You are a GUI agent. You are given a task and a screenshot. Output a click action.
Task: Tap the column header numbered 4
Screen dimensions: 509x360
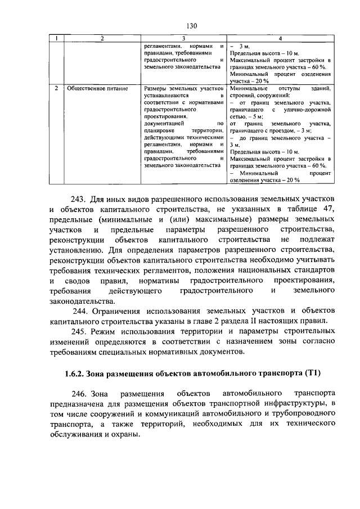tap(281, 38)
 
